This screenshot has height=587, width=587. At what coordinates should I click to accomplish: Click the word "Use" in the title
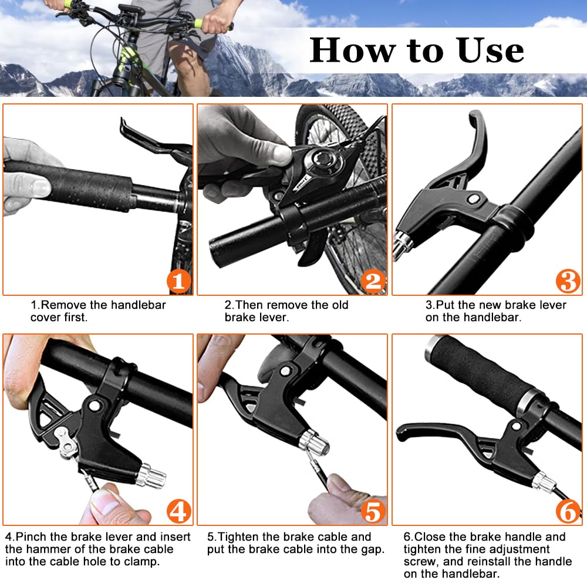[490, 50]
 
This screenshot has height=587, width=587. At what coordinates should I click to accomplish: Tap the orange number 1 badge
[178, 281]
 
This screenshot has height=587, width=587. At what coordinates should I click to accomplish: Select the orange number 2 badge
[373, 281]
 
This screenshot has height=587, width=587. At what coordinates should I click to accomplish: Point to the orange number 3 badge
[568, 281]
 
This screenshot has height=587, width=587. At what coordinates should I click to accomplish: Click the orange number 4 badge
[178, 511]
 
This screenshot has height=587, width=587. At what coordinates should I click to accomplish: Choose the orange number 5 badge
[373, 511]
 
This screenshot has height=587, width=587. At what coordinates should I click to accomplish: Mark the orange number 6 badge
[568, 511]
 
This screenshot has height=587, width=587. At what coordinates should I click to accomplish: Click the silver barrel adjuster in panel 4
[151, 476]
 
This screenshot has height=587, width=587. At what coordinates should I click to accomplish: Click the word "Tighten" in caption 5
[238, 537]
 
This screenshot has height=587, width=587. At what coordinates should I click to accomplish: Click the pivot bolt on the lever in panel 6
[517, 426]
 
